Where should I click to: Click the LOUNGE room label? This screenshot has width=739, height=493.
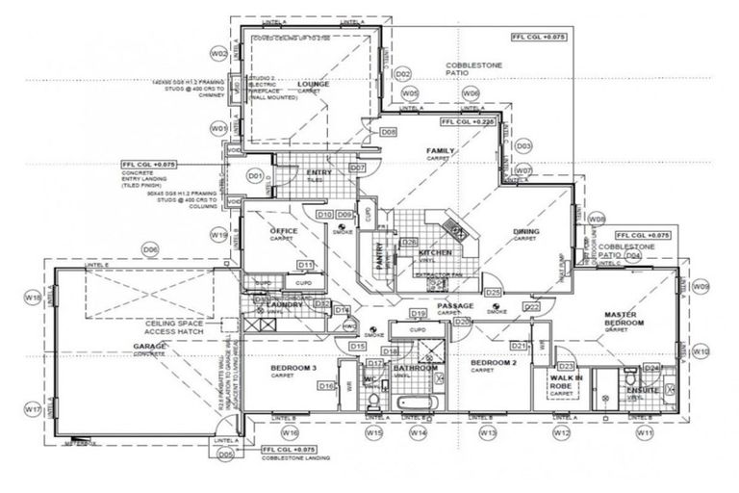click(x=314, y=85)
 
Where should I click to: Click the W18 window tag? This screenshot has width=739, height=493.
click(x=33, y=299)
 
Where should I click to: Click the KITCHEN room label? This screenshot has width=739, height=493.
click(x=436, y=252)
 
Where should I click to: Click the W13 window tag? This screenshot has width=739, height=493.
click(x=489, y=433)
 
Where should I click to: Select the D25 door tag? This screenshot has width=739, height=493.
click(x=493, y=291)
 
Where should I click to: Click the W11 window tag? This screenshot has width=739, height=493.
click(x=644, y=433)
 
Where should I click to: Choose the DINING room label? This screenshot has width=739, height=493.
click(x=525, y=232)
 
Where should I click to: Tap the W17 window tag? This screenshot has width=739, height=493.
click(x=33, y=409)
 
